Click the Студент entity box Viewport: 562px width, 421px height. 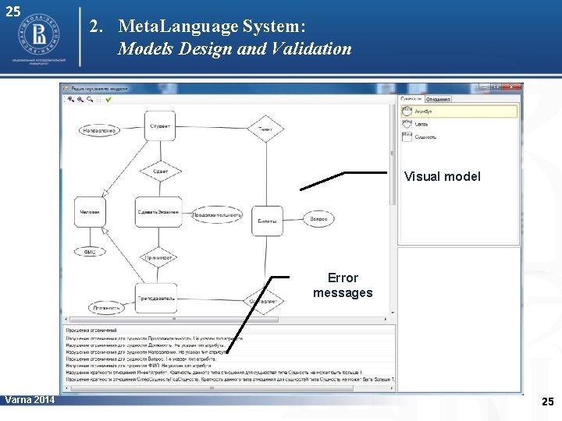click(159, 126)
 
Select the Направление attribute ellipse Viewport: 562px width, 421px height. click(98, 130)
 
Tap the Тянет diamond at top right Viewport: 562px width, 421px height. click(265, 128)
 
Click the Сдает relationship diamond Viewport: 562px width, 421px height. click(159, 172)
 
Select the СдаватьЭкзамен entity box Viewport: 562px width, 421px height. click(158, 212)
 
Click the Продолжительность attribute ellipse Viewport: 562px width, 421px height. click(217, 214)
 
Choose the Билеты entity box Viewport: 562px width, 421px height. click(267, 221)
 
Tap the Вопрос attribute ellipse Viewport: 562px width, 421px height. click(318, 220)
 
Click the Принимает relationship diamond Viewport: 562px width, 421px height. click(158, 257)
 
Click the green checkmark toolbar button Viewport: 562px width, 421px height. click(108, 99)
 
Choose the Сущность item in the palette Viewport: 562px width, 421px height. click(425, 137)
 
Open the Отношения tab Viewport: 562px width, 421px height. click(439, 99)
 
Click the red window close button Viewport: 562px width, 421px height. click(514, 87)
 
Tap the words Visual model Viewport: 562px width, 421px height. click(442, 177)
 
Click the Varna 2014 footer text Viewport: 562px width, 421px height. click(30, 400)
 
